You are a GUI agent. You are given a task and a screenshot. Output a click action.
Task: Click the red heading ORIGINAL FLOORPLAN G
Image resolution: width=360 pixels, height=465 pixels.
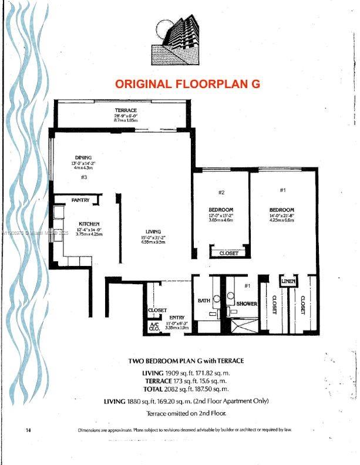click(187, 83)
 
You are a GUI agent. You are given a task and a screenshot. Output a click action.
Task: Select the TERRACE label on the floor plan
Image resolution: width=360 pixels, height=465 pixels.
click(126, 110)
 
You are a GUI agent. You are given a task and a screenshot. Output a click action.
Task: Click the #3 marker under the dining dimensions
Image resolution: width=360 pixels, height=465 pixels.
click(84, 177)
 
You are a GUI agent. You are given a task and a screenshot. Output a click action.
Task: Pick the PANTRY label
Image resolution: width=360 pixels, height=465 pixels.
click(80, 200)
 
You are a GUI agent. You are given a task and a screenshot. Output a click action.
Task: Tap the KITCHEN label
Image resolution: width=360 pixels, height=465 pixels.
click(89, 224)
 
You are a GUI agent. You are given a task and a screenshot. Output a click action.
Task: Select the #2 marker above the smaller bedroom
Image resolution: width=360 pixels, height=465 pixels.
click(221, 192)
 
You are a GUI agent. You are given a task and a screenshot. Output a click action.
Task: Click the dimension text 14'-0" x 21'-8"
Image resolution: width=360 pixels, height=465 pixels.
click(281, 215)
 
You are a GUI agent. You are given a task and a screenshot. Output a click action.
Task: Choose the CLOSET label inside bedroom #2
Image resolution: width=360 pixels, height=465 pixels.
click(228, 253)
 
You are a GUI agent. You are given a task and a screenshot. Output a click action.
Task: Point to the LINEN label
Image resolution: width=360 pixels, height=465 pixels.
click(287, 282)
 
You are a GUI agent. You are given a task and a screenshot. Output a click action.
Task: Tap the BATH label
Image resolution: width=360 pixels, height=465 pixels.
click(204, 301)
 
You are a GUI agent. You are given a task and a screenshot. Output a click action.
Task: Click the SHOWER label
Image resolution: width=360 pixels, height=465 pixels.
click(247, 304)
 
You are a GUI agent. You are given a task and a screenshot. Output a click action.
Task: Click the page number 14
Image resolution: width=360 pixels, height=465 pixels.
click(28, 430)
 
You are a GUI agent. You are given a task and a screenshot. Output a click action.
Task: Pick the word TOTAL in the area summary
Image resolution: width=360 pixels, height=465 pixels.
click(155, 389)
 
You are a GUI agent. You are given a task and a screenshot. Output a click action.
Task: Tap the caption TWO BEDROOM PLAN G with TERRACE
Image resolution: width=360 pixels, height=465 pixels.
click(186, 360)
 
